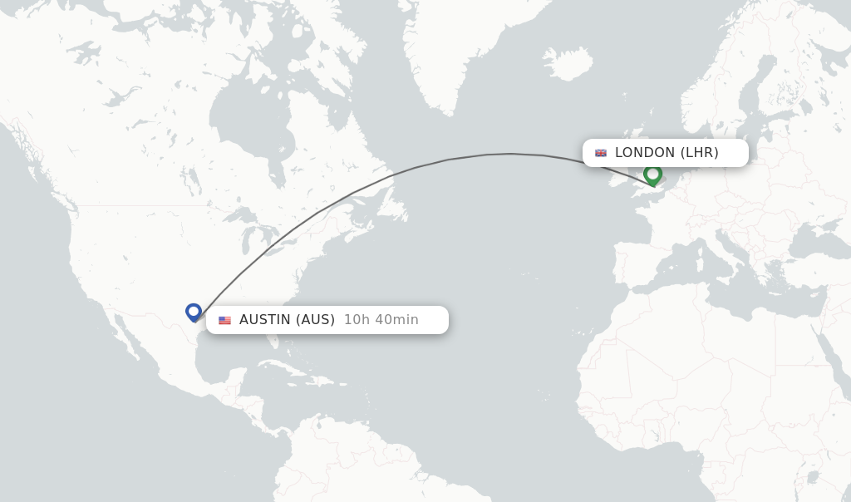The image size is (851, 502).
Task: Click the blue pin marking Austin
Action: click(194, 312)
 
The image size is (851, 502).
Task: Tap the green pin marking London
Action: click(652, 175)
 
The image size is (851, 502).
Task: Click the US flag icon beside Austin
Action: click(224, 320)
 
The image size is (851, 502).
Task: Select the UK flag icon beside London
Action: click(601, 153)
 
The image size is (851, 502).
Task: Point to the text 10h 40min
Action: click(381, 320)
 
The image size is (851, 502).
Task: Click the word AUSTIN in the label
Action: click(265, 320)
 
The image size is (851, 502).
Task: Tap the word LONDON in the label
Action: click(645, 153)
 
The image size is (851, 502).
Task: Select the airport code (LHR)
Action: click(700, 153)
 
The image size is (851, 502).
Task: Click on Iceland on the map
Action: click(568, 63)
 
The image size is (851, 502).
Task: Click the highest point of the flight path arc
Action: click(510, 154)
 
